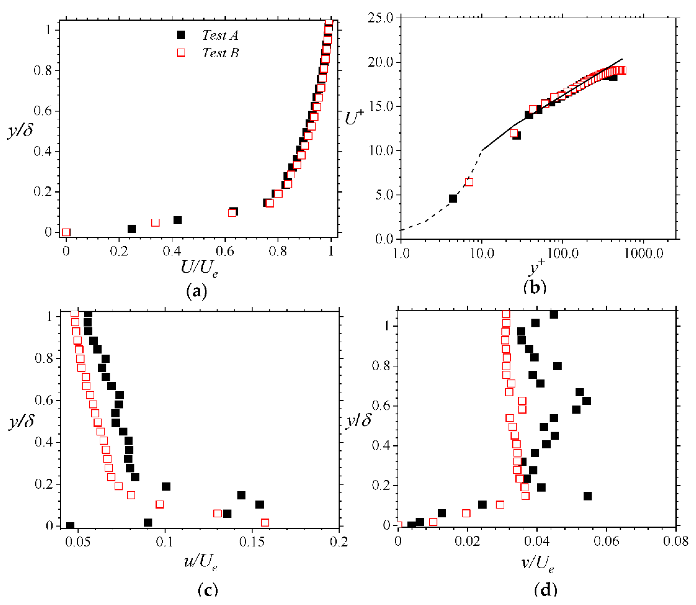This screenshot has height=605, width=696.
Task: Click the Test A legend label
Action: point(220,35)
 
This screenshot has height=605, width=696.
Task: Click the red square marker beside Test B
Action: point(181,52)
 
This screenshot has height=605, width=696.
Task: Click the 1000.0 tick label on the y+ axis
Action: point(643,253)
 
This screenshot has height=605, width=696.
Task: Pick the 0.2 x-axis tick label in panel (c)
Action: point(339,542)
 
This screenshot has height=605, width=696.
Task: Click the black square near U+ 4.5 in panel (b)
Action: point(453,198)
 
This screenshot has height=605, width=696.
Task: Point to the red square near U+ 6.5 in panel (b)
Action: point(469,182)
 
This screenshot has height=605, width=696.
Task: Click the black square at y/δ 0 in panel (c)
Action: point(70,526)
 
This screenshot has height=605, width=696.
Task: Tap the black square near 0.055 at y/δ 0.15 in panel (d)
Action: point(588,496)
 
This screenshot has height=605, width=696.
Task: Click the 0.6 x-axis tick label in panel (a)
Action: point(225,251)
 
